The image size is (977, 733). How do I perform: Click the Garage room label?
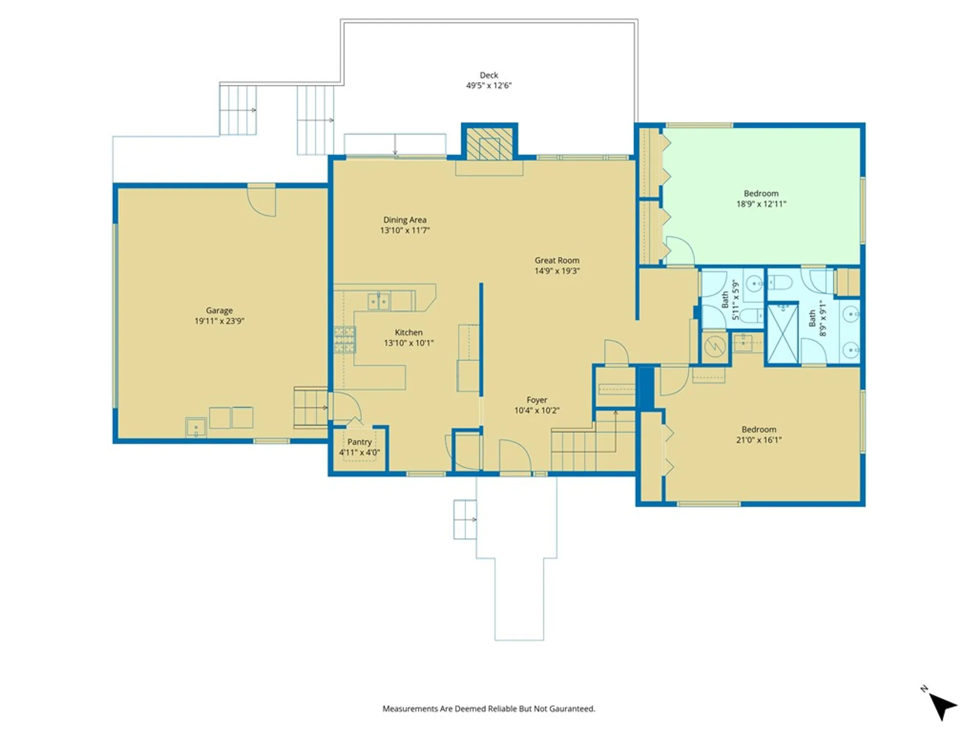tap(219, 310)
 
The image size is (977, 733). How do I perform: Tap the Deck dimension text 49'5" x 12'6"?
tap(488, 86)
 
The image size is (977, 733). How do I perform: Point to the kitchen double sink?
tap(379, 302)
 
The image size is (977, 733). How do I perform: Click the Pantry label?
tap(360, 442)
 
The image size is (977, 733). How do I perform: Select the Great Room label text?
tap(557, 260)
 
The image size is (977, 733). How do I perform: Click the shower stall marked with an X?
tap(783, 334)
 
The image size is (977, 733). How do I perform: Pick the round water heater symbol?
tap(715, 347)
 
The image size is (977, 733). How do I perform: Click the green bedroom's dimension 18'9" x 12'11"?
tap(761, 204)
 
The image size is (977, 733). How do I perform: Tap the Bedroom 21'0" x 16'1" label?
tap(759, 434)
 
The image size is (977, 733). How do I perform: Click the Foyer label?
tap(536, 400)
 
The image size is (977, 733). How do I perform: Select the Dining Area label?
tap(404, 220)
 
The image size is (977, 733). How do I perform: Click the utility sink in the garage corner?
tap(196, 428)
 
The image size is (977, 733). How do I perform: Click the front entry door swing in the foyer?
tap(515, 455)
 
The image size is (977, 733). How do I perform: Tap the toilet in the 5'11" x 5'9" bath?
tap(751, 316)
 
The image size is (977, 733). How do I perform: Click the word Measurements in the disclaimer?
tap(409, 709)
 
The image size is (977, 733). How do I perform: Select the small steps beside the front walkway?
tap(465, 519)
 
